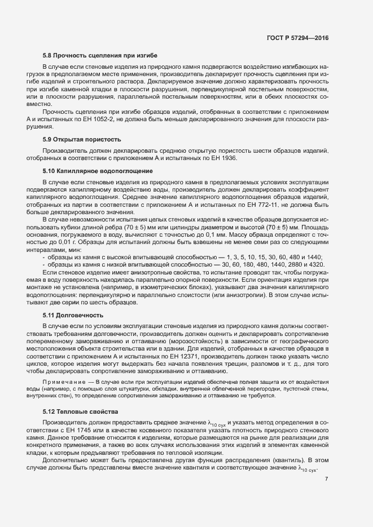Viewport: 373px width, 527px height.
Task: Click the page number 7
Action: click(x=327, y=479)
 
